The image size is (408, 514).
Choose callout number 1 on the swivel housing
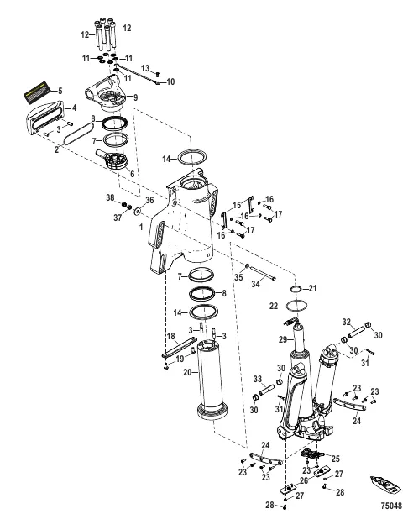point(144,226)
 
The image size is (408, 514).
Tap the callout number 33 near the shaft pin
point(258,377)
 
